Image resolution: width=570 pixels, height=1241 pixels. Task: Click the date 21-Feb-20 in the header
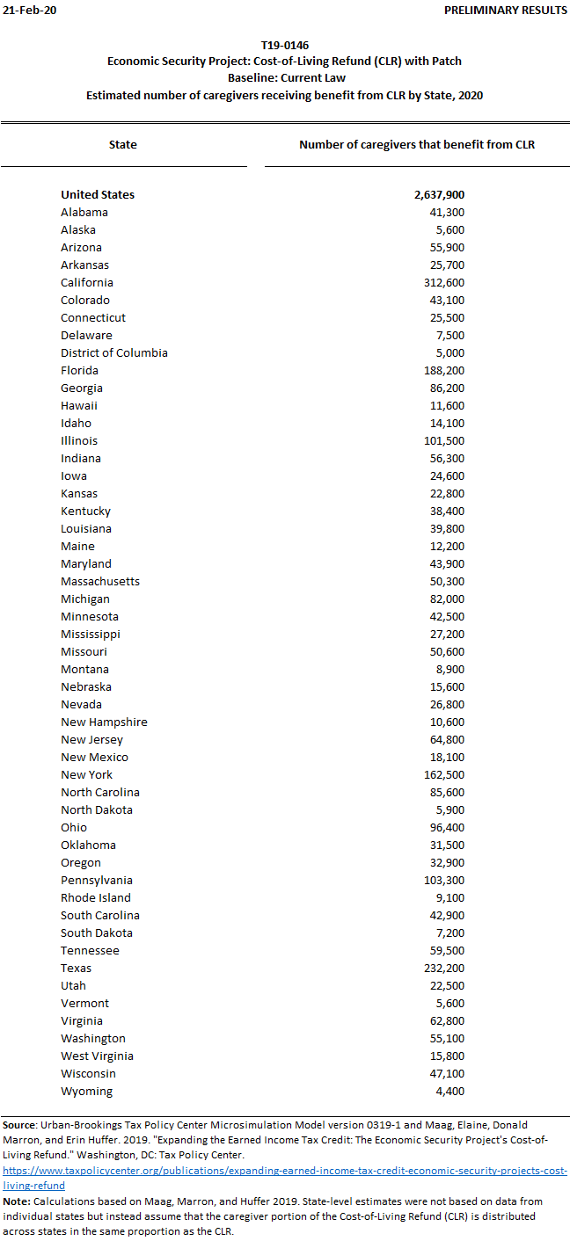(25, 10)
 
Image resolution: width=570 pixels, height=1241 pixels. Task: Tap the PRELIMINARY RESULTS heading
(505, 10)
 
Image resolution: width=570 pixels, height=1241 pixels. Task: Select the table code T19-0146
(284, 45)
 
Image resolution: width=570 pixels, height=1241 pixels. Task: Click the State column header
(123, 144)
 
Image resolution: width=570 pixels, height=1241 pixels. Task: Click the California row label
(87, 282)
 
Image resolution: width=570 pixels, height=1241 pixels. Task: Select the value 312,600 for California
(444, 282)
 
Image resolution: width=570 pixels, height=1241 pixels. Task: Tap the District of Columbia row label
(114, 352)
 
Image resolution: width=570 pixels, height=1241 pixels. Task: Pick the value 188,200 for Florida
(444, 370)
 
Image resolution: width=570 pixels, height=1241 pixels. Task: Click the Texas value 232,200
(444, 968)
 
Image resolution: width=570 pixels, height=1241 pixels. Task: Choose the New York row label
(86, 774)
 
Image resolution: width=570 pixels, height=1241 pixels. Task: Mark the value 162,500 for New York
(444, 774)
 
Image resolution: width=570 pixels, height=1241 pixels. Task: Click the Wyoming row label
(87, 1091)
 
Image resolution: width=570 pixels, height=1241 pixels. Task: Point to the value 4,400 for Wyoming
(450, 1091)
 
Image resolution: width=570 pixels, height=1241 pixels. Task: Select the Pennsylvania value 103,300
(444, 880)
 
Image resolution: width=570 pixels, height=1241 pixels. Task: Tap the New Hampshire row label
(104, 722)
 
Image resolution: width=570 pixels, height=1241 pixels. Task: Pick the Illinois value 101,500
(444, 440)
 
